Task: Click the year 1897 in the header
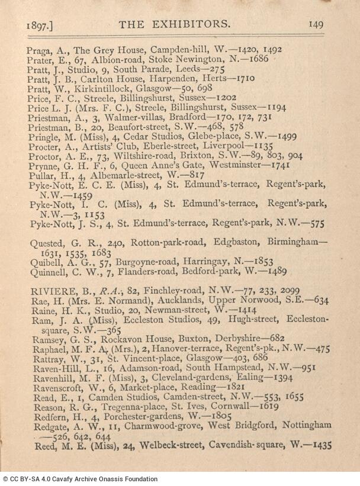click(x=40, y=25)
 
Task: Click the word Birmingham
click(x=294, y=244)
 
